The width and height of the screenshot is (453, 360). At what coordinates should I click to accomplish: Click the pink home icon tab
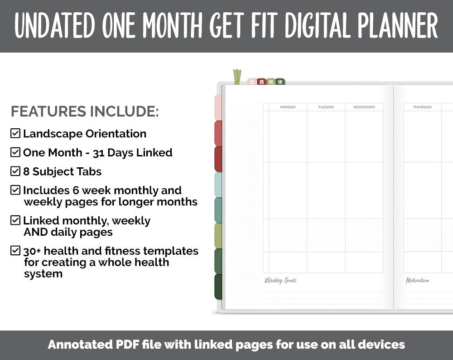tap(252, 82)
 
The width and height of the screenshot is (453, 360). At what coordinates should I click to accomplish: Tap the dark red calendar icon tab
tap(261, 82)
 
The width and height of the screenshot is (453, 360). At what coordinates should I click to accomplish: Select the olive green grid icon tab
tap(271, 82)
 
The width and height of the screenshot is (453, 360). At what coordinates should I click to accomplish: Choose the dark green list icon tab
tap(280, 82)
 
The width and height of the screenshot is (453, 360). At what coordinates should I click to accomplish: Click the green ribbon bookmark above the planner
tap(237, 77)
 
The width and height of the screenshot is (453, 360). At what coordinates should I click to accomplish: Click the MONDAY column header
tap(288, 107)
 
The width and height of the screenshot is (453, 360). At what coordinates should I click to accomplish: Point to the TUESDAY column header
tap(326, 107)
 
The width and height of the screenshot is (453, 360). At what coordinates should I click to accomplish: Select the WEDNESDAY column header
tap(364, 107)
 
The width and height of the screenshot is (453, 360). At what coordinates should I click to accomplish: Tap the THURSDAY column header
tap(422, 107)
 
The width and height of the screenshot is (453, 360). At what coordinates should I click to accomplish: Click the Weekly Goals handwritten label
tap(280, 281)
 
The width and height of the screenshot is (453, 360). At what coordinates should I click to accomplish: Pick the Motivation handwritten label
tap(417, 281)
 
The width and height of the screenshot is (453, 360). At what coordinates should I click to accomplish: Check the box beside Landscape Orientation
tap(15, 133)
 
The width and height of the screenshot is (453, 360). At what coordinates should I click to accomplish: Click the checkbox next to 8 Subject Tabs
tap(15, 171)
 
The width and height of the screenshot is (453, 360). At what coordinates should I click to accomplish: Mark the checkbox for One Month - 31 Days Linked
tap(15, 152)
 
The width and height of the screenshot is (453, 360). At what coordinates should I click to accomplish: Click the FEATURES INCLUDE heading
tap(85, 112)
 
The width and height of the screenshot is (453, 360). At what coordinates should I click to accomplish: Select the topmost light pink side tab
tap(218, 107)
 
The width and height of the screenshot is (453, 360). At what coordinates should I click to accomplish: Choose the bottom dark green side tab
tap(218, 287)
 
